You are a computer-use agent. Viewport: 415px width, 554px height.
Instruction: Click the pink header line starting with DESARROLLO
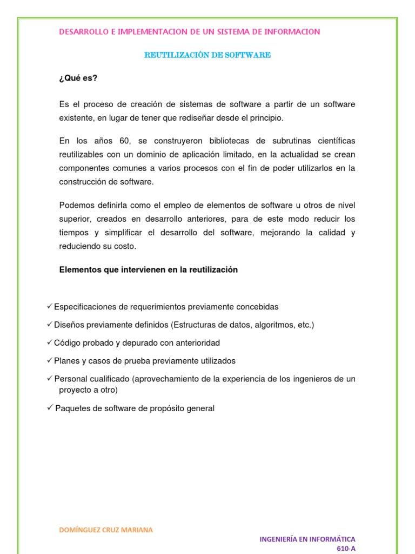(189, 32)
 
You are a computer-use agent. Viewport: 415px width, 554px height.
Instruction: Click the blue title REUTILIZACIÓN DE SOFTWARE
(207, 55)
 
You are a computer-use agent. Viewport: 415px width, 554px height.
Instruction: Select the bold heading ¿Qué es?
(78, 78)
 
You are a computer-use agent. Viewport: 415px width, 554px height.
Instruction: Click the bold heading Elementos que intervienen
(148, 270)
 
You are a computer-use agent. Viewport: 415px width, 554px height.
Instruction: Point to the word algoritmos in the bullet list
(270, 325)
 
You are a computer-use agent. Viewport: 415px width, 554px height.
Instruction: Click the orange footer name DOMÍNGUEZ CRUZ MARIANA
(106, 530)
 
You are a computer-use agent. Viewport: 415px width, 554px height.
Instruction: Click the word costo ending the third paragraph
(125, 246)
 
